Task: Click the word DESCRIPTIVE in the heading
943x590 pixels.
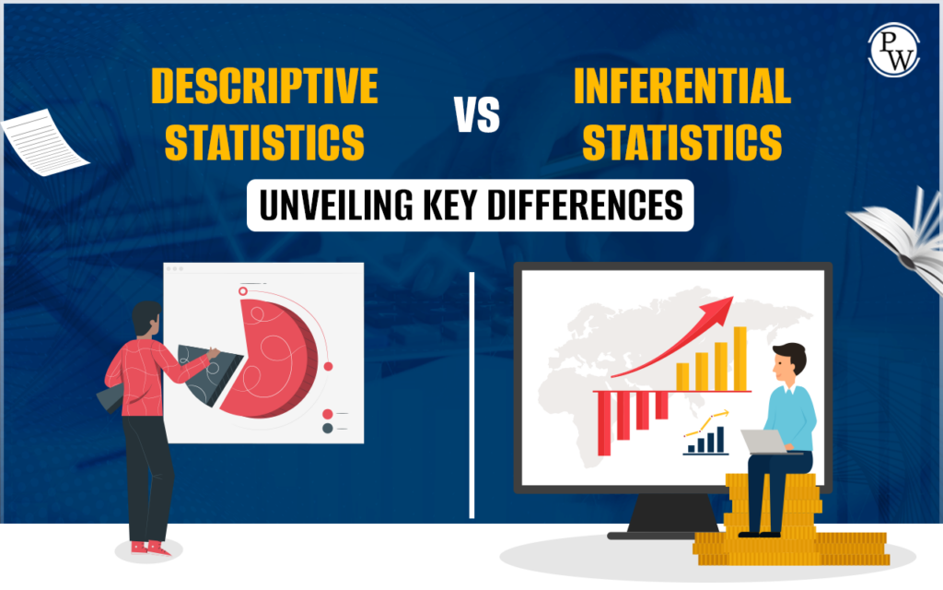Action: coord(264,87)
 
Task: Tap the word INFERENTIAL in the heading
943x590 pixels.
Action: coord(681,87)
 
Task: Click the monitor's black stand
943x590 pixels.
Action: coord(671,512)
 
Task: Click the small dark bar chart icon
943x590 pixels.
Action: coord(704,442)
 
